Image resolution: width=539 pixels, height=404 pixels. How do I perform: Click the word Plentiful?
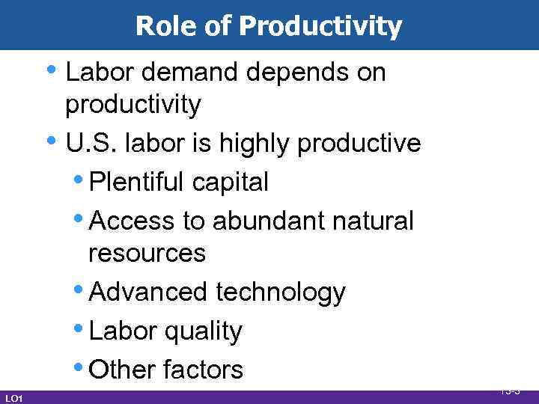click(x=137, y=182)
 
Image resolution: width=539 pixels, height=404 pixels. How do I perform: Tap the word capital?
click(x=231, y=182)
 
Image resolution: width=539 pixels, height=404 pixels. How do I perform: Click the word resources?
click(x=147, y=253)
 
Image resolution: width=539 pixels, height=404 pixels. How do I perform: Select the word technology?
click(x=280, y=293)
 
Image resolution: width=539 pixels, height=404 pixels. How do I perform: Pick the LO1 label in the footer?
click(x=13, y=398)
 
